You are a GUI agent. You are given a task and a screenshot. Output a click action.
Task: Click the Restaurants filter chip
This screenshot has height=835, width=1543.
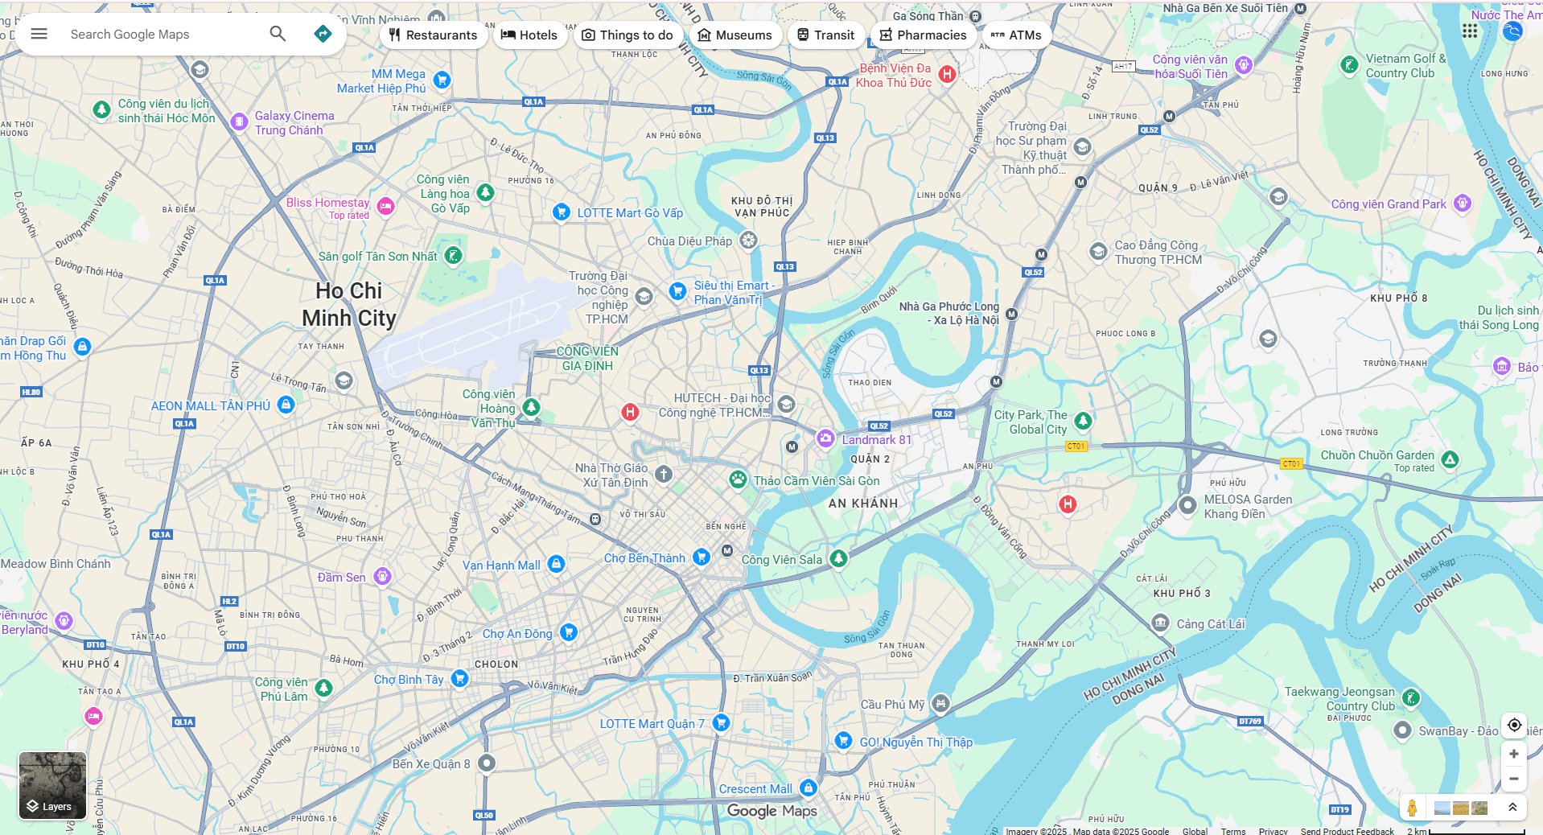point(433,35)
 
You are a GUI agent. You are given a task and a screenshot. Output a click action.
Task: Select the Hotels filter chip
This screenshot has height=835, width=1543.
point(529,35)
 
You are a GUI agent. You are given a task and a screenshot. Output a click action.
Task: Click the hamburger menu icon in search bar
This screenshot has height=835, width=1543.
point(39,34)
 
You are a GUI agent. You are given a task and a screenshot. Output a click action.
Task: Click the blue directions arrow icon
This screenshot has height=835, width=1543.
point(323,34)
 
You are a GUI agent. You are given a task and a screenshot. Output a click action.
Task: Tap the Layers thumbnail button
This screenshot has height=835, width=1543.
point(52,785)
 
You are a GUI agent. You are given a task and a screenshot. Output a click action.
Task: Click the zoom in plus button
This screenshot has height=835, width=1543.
point(1513,754)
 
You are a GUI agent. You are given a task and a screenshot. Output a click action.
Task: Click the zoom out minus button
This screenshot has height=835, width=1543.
point(1513,779)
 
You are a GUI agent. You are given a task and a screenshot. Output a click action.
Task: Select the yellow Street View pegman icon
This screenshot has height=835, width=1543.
point(1412,808)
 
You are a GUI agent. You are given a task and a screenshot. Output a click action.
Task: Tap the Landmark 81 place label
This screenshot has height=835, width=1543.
point(876,440)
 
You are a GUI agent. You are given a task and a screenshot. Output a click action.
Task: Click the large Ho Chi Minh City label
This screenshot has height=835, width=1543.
point(349,304)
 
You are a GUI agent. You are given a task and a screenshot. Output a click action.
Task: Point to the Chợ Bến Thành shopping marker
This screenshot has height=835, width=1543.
point(702,557)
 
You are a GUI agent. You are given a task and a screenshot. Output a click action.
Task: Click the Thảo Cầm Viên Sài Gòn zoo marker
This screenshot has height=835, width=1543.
point(738,479)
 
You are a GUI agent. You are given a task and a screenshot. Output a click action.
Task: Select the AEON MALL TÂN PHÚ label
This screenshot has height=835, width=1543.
point(211,406)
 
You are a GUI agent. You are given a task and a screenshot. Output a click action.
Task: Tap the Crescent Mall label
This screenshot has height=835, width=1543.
point(755,789)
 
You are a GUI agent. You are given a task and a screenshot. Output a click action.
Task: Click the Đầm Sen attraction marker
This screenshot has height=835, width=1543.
point(383,576)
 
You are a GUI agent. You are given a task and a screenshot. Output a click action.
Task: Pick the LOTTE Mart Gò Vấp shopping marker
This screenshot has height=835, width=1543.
point(562,212)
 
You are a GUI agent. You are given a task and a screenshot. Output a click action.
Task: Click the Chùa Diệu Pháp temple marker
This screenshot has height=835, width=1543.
point(748,241)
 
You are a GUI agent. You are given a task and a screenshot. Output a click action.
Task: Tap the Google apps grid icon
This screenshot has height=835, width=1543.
point(1470,31)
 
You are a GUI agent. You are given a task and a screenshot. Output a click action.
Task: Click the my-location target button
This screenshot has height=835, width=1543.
point(1513,725)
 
